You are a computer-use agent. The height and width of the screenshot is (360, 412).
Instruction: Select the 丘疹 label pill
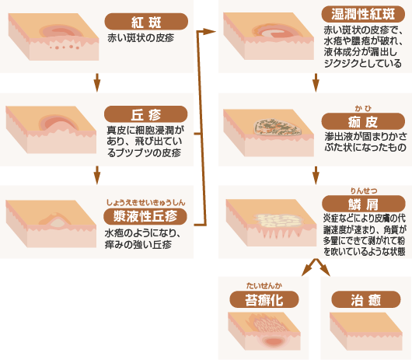coord(145,113)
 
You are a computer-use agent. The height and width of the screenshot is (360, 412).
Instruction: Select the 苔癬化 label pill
coord(264,299)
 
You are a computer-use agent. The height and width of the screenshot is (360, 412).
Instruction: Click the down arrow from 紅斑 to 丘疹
coord(96,80)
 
